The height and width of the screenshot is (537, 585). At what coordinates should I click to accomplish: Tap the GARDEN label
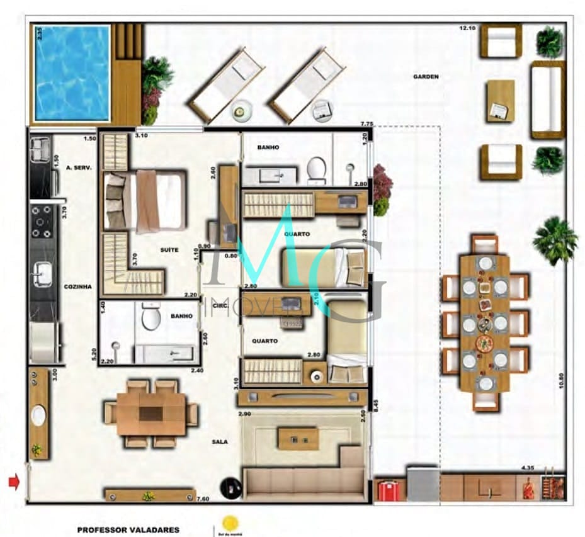[426, 77]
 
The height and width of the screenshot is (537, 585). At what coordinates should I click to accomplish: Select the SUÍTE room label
[169, 250]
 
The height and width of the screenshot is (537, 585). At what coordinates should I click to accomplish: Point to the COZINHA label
[77, 286]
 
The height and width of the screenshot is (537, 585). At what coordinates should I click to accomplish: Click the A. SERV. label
[79, 167]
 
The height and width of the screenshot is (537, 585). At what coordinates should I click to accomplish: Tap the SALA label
[220, 441]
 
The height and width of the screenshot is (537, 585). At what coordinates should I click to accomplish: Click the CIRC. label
[220, 307]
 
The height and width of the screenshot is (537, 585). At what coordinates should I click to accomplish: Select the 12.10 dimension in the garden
[467, 28]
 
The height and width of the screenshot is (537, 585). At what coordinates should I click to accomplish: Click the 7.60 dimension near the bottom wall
[202, 499]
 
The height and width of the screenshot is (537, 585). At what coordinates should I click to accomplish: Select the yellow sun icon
[230, 523]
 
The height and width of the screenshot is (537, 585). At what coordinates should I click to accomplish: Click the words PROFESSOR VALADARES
[128, 530]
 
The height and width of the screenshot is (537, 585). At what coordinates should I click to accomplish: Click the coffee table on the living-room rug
[298, 438]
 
